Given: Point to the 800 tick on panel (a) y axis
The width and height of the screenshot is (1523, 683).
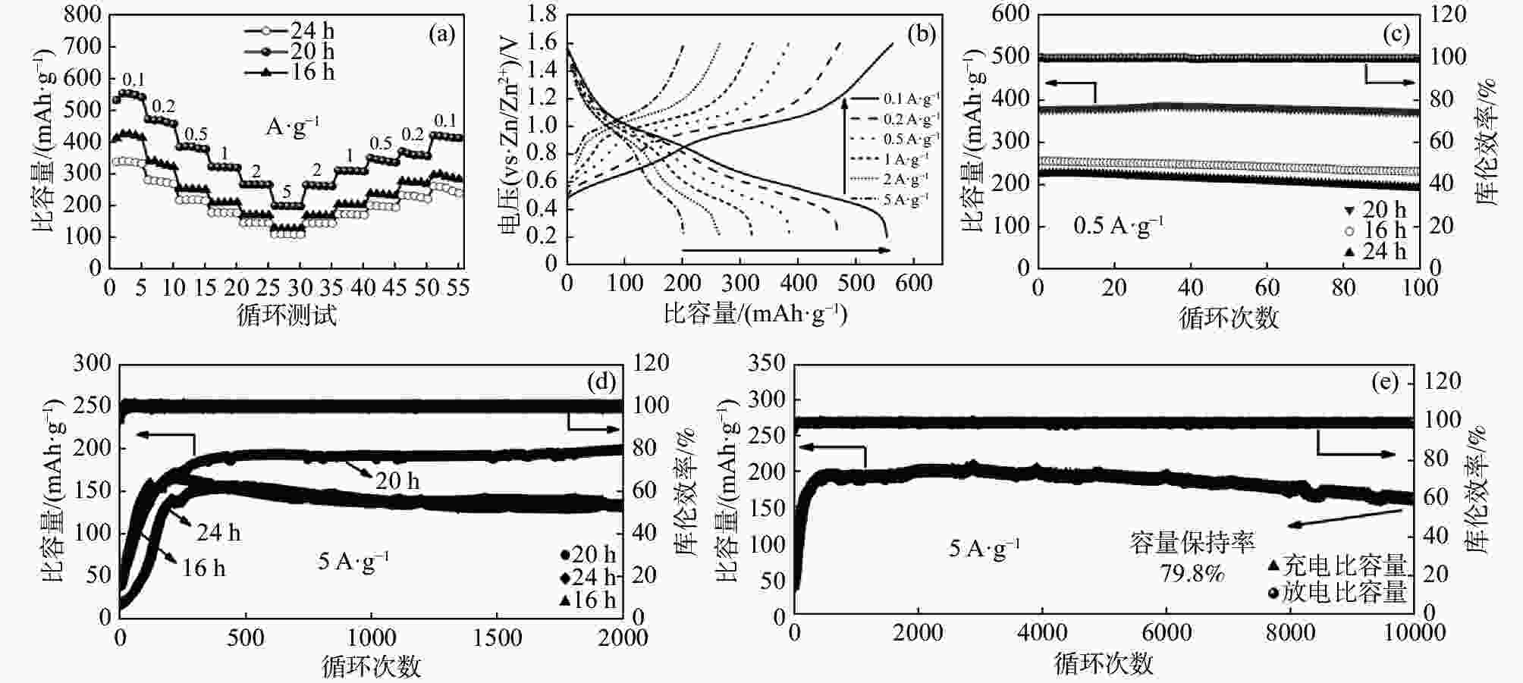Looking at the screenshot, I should [x=84, y=14].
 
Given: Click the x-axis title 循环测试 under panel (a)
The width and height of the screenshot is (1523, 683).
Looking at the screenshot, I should [x=287, y=315].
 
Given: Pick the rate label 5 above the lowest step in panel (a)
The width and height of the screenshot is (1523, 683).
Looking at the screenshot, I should [x=287, y=192].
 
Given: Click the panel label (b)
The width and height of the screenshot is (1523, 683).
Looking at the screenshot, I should [x=921, y=34].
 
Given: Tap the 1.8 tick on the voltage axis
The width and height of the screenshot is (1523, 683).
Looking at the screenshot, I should [x=542, y=14].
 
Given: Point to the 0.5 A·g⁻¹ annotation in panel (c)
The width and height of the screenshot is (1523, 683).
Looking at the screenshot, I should [x=1118, y=226].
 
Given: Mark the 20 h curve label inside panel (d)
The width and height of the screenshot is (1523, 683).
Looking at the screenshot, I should [x=397, y=481].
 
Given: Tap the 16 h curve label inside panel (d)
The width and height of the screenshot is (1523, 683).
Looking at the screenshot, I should [x=203, y=568].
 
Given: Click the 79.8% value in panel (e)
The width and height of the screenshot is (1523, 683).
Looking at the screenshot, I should [x=1192, y=573].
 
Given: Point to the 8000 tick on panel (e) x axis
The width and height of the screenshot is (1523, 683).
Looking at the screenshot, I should [x=1290, y=633].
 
